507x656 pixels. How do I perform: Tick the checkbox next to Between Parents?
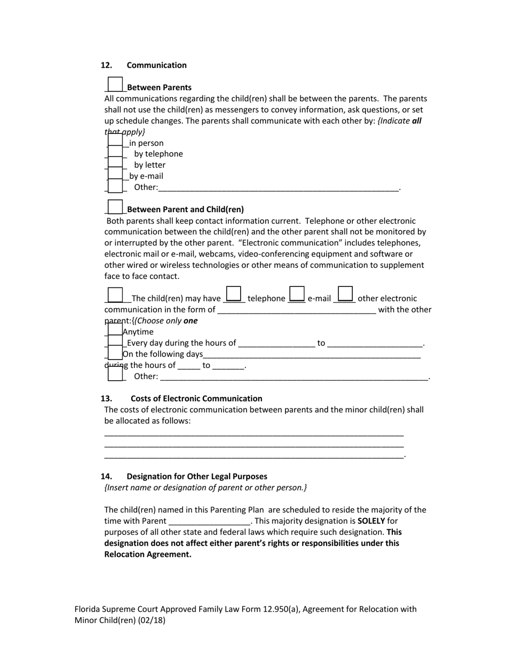click(x=115, y=84)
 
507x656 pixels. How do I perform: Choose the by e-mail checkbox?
click(x=115, y=175)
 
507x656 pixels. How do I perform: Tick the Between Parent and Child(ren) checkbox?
click(x=115, y=207)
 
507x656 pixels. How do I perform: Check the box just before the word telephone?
click(x=234, y=294)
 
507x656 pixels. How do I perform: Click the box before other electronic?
click(x=345, y=294)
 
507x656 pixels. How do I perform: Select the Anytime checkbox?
click(x=115, y=331)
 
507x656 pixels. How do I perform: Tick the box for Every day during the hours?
click(x=115, y=342)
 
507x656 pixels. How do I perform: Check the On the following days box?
click(x=115, y=353)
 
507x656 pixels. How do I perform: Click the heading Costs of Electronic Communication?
click(x=196, y=398)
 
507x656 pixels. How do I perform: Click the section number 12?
click(x=106, y=65)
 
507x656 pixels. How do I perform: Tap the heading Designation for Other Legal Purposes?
click(x=197, y=476)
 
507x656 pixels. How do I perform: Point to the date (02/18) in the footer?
click(x=152, y=620)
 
